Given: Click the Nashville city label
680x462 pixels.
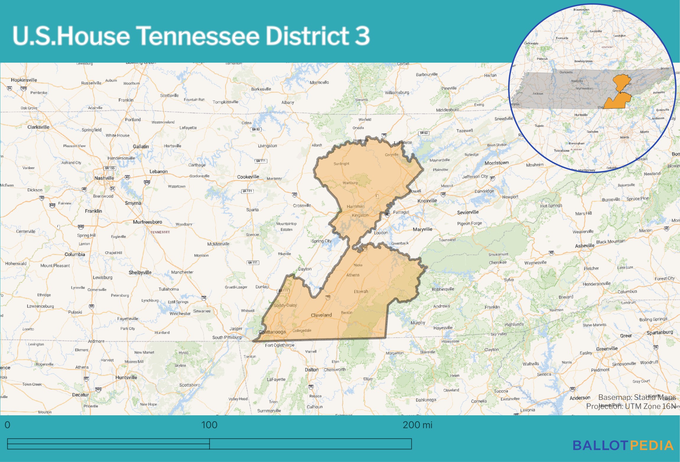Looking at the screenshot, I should [104, 178].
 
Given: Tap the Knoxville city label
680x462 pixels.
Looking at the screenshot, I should [427, 201].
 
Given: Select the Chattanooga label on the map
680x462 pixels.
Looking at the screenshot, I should [272, 332].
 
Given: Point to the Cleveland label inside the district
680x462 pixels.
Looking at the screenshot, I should [321, 315].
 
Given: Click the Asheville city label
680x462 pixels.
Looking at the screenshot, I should [585, 246].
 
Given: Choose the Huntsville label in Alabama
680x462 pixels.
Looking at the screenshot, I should [126, 377].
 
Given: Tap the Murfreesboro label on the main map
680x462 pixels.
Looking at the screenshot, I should [147, 222].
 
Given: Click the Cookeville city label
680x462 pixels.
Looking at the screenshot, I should [248, 177].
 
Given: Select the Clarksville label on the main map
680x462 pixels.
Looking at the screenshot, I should [38, 127].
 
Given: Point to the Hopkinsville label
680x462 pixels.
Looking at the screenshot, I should [24, 80].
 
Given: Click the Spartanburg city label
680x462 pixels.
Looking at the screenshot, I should [660, 333].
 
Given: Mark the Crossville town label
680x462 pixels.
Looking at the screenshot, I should [302, 205].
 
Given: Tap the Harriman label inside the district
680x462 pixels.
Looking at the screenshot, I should [356, 207].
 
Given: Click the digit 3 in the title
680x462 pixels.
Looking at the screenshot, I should [362, 36].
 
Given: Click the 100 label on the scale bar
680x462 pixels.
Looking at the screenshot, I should [209, 425].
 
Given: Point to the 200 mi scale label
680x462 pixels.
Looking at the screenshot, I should [417, 425].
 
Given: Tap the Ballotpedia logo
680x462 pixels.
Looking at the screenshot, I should [623, 446].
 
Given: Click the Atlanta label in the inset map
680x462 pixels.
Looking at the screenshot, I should [624, 137].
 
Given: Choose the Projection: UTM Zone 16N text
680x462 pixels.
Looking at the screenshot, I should [631, 406].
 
